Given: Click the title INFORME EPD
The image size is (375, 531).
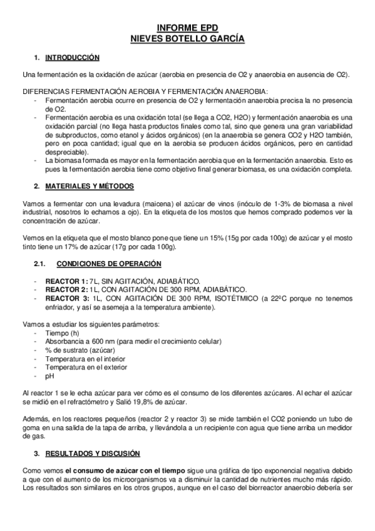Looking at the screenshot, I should (x=187, y=29).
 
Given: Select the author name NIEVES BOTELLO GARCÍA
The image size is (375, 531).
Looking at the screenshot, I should (x=187, y=38).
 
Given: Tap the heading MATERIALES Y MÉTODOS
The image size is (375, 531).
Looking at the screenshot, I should (x=87, y=185).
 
